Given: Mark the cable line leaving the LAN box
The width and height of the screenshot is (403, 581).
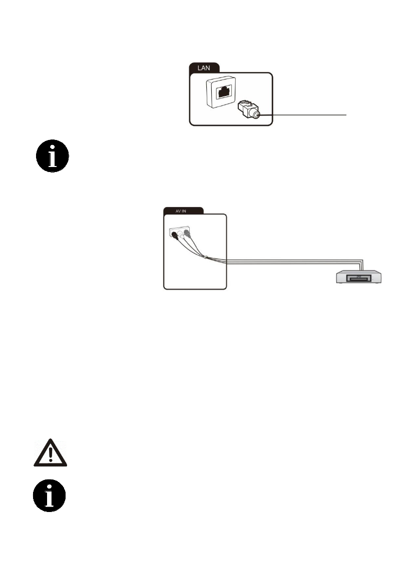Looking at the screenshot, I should coord(310,115).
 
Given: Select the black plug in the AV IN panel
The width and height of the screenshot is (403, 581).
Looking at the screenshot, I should coord(175,233).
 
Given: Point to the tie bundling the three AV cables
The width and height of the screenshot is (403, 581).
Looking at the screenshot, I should coord(206,257).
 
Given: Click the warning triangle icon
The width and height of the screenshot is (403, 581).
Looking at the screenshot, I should coord(50,454).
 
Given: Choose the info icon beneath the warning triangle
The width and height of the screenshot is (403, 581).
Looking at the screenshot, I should coord(50,495).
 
